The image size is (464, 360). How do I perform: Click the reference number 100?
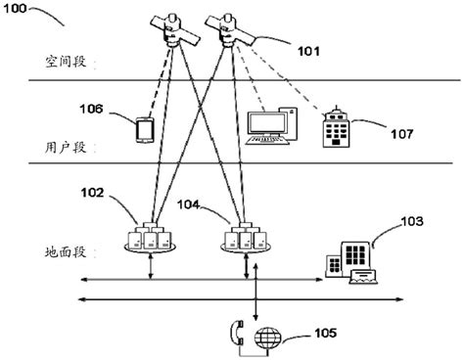[22, 9]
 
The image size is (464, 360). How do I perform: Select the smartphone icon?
[143, 128]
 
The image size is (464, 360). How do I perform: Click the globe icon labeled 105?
[268, 339]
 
